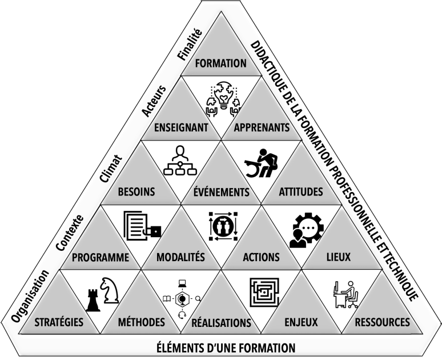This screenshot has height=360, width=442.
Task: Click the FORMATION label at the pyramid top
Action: coord(220,63)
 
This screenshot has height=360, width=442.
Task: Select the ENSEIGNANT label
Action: coord(181,127)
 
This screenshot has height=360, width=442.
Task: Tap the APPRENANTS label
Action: coord(262,127)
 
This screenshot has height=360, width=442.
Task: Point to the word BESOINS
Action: coord(136,191)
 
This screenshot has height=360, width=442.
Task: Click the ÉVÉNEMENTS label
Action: coord(221,192)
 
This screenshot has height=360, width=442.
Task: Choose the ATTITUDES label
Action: coord(301,191)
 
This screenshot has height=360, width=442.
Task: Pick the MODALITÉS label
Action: coord(180,257)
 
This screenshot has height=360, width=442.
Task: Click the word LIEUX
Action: coord(339,257)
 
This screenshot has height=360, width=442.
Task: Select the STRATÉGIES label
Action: coord(58,322)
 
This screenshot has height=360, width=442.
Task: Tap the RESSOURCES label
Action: coord(383,322)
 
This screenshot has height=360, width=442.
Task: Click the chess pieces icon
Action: coord(102,293)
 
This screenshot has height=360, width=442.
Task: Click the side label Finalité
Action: coord(190,46)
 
